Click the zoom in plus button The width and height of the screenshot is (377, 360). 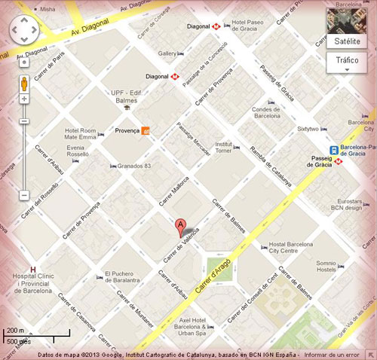coord(24,99)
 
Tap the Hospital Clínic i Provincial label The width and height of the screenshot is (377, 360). coord(32,282)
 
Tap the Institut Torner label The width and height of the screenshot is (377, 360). coord(223,147)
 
